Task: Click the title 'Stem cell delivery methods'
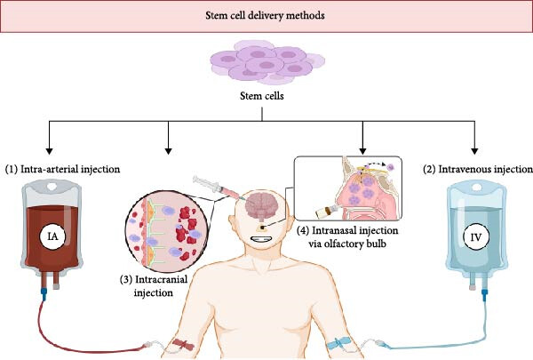(266, 16)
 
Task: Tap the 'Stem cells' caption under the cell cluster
(266, 99)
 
